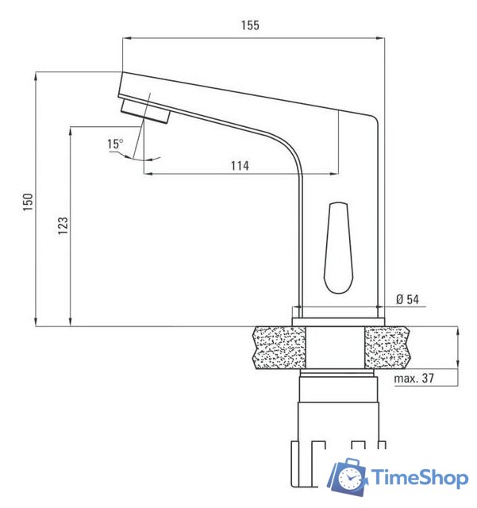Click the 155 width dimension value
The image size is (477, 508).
250,25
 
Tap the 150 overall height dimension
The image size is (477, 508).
28,202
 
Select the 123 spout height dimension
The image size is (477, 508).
63,225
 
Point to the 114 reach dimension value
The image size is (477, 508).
240,166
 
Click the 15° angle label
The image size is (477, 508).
115,144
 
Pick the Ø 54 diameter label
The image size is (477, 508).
407,299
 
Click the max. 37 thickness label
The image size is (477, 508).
414,378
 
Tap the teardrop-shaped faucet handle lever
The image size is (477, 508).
338,248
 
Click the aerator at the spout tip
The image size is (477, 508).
145,111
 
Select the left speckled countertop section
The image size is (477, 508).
279,348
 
